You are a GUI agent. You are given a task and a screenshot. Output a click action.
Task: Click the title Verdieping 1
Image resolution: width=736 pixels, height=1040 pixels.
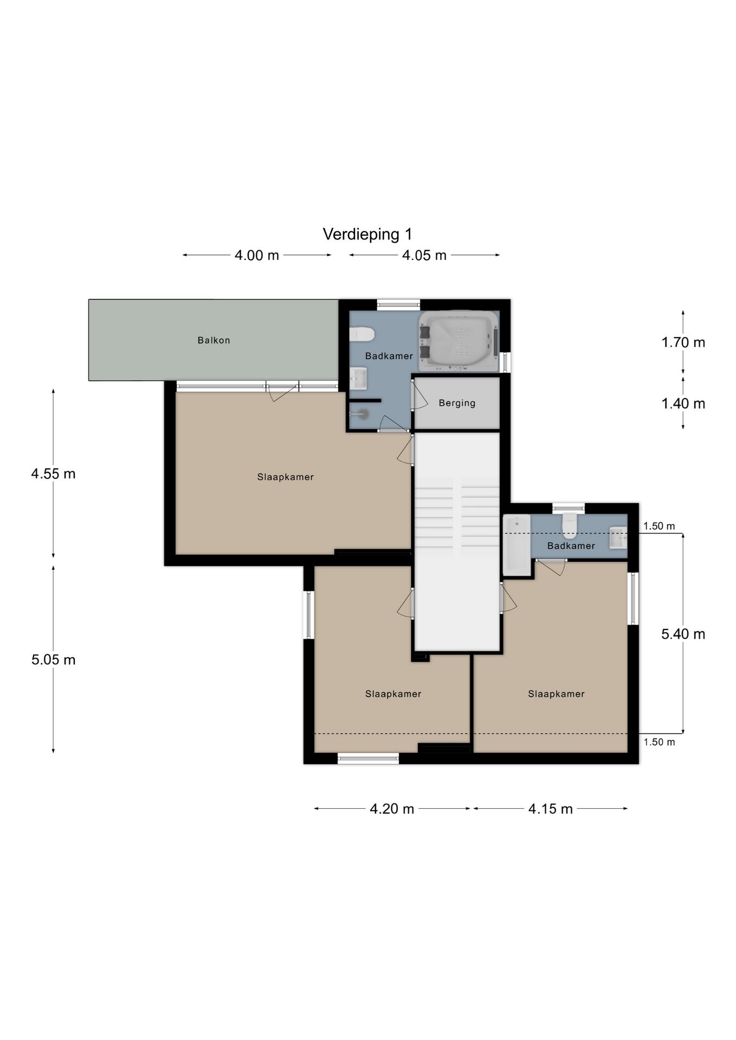pyautogui.click(x=367, y=235)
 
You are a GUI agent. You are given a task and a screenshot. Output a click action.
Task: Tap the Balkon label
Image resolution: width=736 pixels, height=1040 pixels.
pyautogui.click(x=214, y=340)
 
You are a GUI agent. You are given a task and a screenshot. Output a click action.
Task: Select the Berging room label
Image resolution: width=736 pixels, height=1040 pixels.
pyautogui.click(x=457, y=403)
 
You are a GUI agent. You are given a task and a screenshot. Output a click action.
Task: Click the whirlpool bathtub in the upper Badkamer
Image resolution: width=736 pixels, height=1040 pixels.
pyautogui.click(x=459, y=341)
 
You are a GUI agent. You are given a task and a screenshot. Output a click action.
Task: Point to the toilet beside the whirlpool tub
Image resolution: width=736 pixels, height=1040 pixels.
pyautogui.click(x=362, y=334)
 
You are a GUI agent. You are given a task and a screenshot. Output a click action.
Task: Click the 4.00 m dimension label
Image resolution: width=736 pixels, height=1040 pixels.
pyautogui.click(x=256, y=255)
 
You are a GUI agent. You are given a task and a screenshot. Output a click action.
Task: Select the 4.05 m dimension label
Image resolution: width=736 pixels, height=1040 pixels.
pyautogui.click(x=424, y=255)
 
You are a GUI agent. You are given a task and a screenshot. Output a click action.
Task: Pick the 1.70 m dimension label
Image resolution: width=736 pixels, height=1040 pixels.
pyautogui.click(x=683, y=342)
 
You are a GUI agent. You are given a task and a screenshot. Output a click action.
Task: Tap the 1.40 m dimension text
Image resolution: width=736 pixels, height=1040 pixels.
pyautogui.click(x=683, y=404)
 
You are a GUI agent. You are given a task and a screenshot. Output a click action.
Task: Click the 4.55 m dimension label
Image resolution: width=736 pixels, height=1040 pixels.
pyautogui.click(x=53, y=474)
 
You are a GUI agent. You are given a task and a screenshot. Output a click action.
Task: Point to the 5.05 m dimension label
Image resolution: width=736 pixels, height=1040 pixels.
pyautogui.click(x=53, y=660)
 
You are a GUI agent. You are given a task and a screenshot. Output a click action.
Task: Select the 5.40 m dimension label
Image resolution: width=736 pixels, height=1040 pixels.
pyautogui.click(x=683, y=634)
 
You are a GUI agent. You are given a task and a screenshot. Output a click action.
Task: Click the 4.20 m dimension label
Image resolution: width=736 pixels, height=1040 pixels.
pyautogui.click(x=392, y=809)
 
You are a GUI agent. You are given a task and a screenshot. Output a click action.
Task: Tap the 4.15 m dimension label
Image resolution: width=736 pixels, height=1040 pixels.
pyautogui.click(x=550, y=809)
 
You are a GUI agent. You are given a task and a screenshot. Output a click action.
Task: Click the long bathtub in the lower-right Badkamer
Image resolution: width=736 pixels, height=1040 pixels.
pyautogui.click(x=517, y=545)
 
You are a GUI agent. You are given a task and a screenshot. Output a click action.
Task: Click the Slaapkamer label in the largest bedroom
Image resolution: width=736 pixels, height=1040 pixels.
pyautogui.click(x=286, y=477)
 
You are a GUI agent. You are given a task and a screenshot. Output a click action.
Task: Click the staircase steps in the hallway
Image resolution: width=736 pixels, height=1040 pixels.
pyautogui.click(x=456, y=517)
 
